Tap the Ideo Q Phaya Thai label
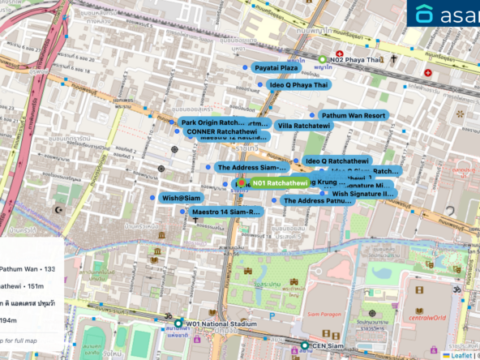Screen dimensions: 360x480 [x=298, y=84]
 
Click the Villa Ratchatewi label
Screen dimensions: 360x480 [x=303, y=126]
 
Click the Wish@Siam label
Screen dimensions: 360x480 [x=181, y=198]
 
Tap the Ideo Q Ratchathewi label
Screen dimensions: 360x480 [x=336, y=161]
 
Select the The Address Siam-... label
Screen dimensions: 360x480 [x=251, y=168]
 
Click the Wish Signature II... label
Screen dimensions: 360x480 [x=362, y=194]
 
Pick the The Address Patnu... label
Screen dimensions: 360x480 [x=317, y=200]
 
